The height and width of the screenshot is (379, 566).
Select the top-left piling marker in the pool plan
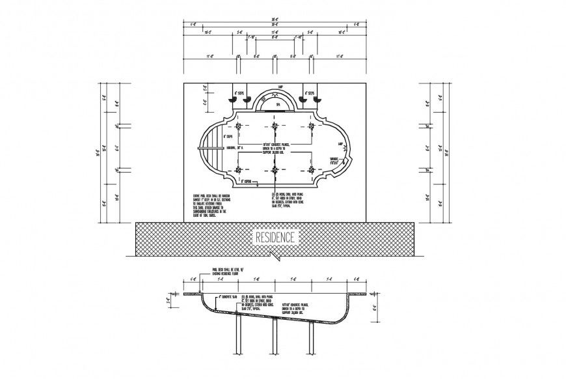point(239,126)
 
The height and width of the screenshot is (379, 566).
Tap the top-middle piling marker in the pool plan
point(275,126)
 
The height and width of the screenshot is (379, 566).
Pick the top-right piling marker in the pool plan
point(312,126)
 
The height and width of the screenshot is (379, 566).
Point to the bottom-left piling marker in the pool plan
point(239,170)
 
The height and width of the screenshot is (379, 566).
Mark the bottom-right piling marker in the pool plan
point(312,170)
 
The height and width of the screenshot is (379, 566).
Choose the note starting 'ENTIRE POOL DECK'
point(211,204)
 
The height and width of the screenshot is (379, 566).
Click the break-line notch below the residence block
point(279,259)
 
